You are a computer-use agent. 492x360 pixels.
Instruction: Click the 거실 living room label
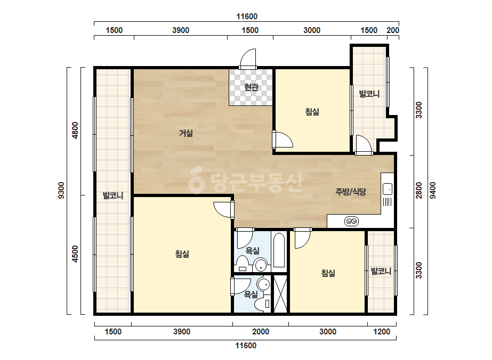click(x=185, y=133)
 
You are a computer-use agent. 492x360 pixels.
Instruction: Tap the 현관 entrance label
click(x=251, y=87)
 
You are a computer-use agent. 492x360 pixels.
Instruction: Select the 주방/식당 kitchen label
click(x=351, y=192)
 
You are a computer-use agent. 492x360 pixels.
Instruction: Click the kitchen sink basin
click(x=388, y=189)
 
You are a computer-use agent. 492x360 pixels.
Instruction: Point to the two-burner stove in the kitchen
click(x=351, y=221)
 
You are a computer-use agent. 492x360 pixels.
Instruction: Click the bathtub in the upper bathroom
click(x=279, y=250)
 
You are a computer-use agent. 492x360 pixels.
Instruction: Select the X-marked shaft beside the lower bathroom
click(x=280, y=294)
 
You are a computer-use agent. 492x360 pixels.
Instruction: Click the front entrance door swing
click(x=248, y=59)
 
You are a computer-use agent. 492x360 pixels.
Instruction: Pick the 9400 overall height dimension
click(x=433, y=190)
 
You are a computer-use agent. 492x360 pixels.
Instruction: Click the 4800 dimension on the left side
click(x=75, y=130)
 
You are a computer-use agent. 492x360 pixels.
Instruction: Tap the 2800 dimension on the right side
click(x=419, y=190)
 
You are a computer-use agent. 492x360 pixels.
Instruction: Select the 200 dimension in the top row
click(x=393, y=30)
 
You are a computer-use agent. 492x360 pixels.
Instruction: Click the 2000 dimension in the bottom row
click(x=261, y=331)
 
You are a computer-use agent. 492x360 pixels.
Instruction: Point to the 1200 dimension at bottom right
click(x=382, y=331)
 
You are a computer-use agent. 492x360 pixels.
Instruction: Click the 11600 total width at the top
click(x=247, y=17)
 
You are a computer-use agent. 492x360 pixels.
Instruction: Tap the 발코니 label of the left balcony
click(x=113, y=195)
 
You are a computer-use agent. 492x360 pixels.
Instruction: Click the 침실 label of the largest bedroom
click(x=182, y=253)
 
